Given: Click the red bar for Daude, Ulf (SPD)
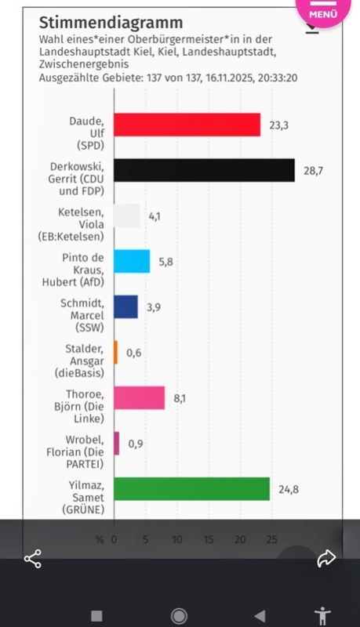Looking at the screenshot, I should coord(187,125).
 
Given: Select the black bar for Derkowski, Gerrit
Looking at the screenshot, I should coord(204,170).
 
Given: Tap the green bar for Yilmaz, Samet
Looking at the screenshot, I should coord(191,489).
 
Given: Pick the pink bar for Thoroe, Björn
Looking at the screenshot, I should coord(139,398).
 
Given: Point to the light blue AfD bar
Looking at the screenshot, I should coord(132,261).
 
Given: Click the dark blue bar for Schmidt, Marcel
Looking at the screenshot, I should coord(125,306).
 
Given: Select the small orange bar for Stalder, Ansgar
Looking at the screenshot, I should coord(116,352).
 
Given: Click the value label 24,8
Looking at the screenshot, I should coord(289,490).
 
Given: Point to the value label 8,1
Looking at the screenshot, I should coord(180,398).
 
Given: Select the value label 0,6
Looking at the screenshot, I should coord(134,353).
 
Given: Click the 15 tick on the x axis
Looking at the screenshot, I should coord(209,539).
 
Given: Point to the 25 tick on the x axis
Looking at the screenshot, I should coord(271,539).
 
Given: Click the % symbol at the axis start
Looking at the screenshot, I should coord(100,539).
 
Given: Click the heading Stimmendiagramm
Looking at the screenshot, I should coord(111,23).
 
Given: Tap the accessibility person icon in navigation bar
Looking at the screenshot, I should coord(322,614).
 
